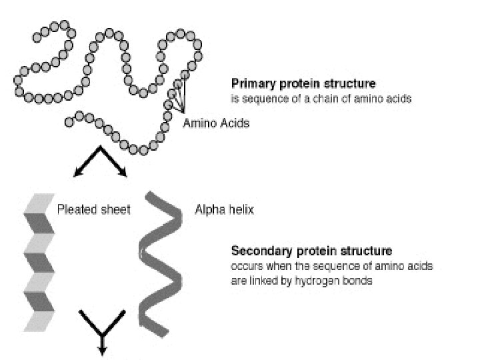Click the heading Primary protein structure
303,85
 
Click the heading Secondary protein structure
311,251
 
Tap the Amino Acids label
215,123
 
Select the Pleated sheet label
94,209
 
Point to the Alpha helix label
224,209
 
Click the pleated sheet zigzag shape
39,263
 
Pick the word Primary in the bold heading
250,85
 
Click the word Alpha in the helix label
207,209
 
